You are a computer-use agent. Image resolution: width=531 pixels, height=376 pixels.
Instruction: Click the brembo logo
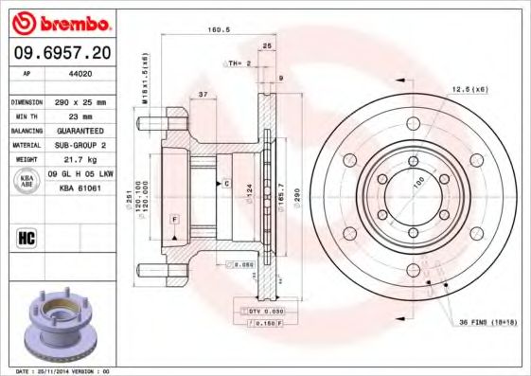(x=59, y=22)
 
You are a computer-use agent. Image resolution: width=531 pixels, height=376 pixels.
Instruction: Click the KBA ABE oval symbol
(x=26, y=181)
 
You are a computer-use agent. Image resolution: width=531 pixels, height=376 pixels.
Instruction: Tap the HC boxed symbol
(x=26, y=237)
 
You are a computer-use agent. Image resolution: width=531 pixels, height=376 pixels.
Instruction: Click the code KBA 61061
(x=80, y=188)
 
